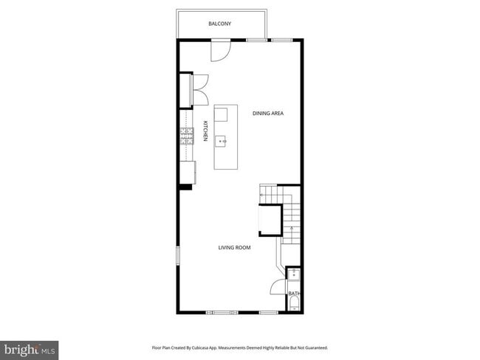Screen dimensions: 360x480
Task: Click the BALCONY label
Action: click(x=219, y=24)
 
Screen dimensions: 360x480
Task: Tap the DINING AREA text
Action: click(x=268, y=113)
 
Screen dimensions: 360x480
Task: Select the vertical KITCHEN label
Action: click(x=205, y=131)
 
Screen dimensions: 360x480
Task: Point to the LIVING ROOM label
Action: click(x=234, y=248)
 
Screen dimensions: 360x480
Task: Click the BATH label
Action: click(x=294, y=294)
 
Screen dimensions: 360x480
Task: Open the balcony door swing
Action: click(x=221, y=50)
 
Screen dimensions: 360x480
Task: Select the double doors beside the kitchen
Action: click(x=200, y=90)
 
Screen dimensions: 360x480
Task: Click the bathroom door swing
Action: click(x=278, y=288)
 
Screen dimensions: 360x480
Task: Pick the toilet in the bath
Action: click(x=294, y=306)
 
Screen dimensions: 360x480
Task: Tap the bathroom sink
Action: click(x=294, y=274)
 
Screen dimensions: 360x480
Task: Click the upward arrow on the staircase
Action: click(x=292, y=230)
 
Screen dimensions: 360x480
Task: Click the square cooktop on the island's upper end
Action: click(x=222, y=114)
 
